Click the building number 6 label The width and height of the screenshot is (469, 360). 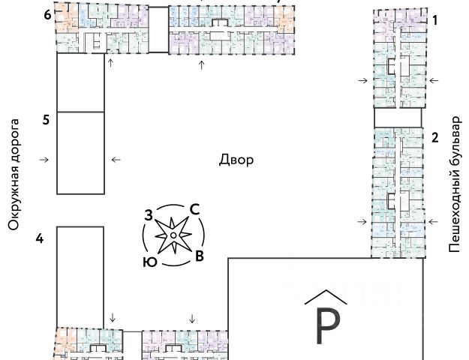pyautogui.click(x=47, y=15)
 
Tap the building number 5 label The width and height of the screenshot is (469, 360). pyautogui.click(x=46, y=119)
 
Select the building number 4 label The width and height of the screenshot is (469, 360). pyautogui.click(x=40, y=238)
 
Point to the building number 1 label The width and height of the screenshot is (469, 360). pyautogui.click(x=434, y=22)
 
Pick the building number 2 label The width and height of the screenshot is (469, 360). pyautogui.click(x=434, y=137)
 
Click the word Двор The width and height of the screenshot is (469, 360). pyautogui.click(x=236, y=160)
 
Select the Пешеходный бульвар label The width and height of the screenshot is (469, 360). pyautogui.click(x=454, y=184)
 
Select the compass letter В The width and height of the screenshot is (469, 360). pyautogui.click(x=199, y=256)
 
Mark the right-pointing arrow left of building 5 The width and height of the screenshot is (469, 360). pyautogui.click(x=44, y=159)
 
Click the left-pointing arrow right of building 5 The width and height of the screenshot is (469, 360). pyautogui.click(x=116, y=159)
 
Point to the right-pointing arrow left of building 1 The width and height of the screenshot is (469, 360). pyautogui.click(x=363, y=79)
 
